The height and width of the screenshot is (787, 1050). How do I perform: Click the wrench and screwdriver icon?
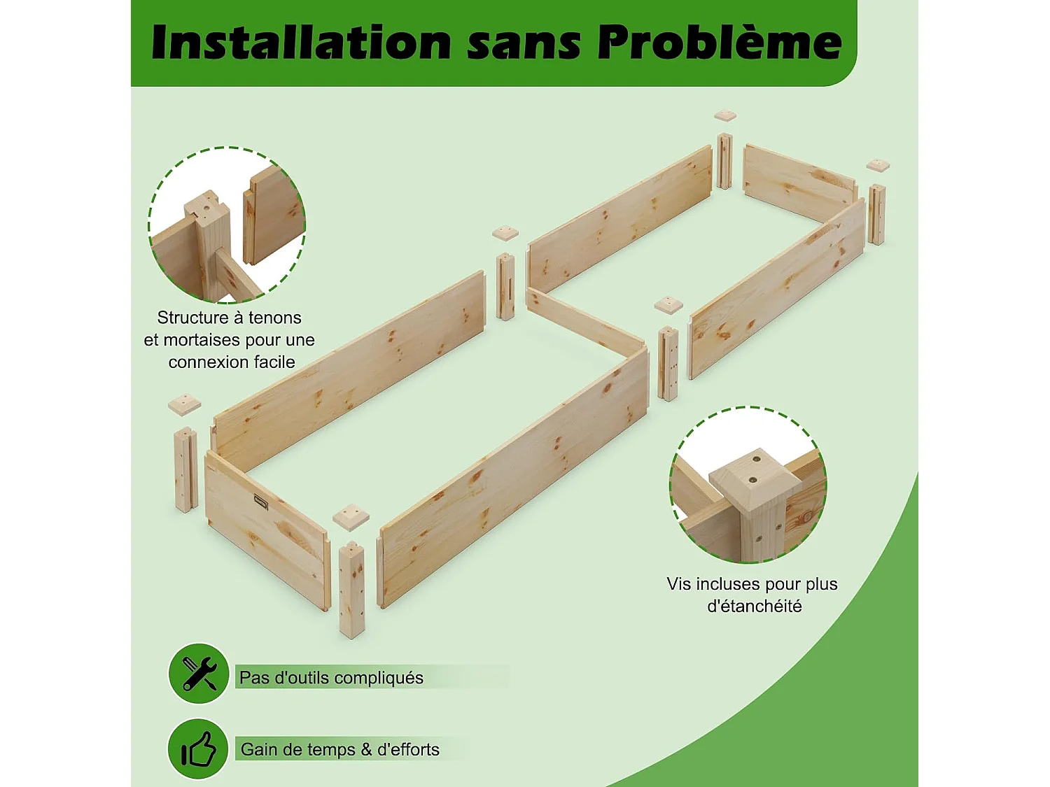tap(199, 674)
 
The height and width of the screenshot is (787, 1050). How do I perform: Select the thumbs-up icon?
tap(199, 749)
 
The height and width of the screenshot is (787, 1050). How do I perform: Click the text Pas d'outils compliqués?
tap(331, 678)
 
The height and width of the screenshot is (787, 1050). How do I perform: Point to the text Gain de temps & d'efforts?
tap(339, 749)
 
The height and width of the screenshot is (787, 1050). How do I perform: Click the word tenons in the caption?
tap(274, 318)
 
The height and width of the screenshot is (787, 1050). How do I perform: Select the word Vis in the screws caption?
tap(678, 584)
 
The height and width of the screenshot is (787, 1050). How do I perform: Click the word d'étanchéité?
tap(754, 606)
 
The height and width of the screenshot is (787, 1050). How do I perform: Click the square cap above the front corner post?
tap(351, 518)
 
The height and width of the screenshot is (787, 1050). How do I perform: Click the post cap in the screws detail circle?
tap(755, 481)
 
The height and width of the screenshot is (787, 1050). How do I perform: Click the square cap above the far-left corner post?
tap(185, 404)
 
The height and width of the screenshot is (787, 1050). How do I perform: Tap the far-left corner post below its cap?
tap(185, 469)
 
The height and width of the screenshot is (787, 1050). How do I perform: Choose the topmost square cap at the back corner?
tap(725, 115)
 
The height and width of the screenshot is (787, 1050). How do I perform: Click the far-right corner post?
tap(876, 214)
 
